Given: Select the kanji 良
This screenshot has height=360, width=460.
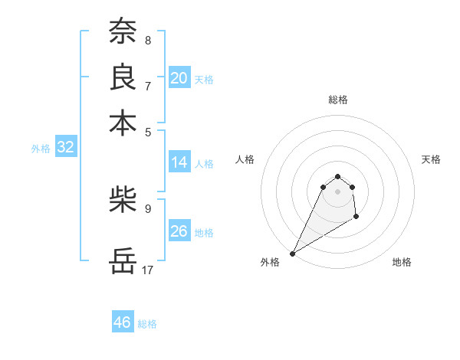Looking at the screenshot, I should coord(123,77).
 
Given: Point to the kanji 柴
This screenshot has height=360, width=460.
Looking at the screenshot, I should coord(123,201).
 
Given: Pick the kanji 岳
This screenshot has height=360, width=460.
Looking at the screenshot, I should coord(123,260).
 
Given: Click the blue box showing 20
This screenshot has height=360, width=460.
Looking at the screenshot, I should coord(179,78).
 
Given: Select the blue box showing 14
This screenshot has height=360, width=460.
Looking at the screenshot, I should coord(179,162).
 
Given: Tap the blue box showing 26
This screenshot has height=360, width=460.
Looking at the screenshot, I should coord(179,231).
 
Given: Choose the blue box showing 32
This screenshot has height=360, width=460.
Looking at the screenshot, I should coord(65,148).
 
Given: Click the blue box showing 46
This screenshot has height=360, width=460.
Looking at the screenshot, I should coord(123,322).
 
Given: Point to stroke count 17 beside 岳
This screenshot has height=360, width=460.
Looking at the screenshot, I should coord(148,270).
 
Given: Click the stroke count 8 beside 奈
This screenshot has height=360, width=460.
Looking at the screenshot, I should coord(147,40).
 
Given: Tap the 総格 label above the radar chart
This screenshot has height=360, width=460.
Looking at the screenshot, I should coord(337,100).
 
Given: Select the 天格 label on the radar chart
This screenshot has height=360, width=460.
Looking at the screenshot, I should coord(431,159).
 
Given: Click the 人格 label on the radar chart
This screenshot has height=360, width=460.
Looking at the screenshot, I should coord(245,159).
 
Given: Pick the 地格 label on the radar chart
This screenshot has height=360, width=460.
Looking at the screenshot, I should coord(402,262).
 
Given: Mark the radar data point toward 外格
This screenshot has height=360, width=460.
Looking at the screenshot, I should coord(292,253).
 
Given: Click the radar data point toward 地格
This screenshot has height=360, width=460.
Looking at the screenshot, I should coord(356,218).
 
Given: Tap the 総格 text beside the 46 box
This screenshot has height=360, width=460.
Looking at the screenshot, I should coord(147,324).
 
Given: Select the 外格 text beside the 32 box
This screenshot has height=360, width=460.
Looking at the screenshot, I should coord(40,149).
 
